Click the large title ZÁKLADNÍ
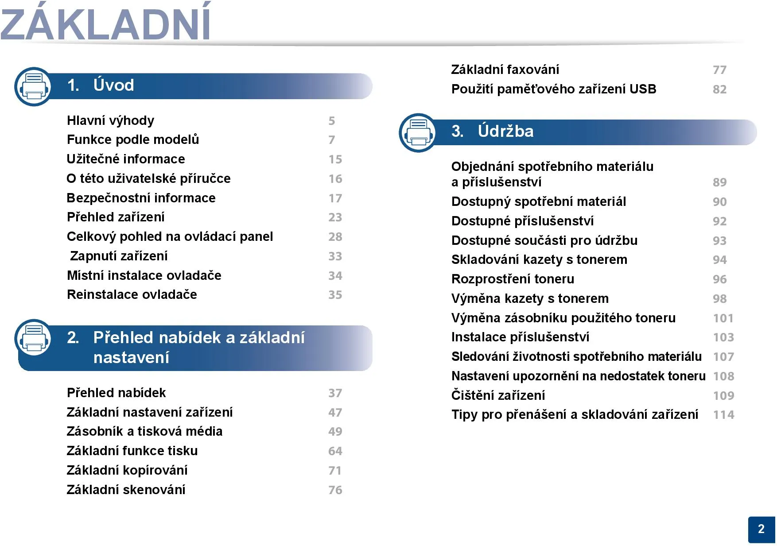tap(105, 22)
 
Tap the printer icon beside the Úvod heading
tap(34, 86)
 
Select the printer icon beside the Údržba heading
tap(418, 132)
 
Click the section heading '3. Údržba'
tap(492, 131)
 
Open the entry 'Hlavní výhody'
tap(110, 120)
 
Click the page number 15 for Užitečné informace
tap(335, 159)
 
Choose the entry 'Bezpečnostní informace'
tap(141, 198)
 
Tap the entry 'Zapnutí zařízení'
tap(119, 256)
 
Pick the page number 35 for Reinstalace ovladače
tap(335, 295)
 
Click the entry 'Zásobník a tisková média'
tap(144, 431)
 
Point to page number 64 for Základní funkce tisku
tap(335, 451)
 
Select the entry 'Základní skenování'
tap(126, 490)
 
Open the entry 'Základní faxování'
tap(505, 70)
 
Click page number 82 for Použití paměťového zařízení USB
tap(720, 89)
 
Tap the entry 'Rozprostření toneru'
tap(513, 279)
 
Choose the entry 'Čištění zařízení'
tap(498, 395)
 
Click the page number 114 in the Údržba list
tap(724, 415)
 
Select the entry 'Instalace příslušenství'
tap(520, 337)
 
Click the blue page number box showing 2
tap(761, 530)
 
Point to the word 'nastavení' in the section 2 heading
tap(131, 357)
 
